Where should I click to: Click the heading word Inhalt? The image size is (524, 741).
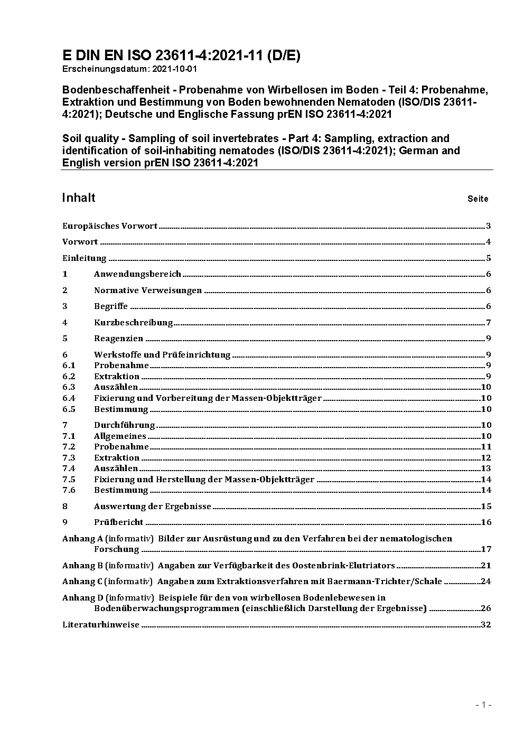[79, 198]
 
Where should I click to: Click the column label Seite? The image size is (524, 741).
[478, 199]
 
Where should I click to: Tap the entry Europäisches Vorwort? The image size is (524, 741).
[110, 226]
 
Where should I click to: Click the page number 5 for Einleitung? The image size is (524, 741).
[489, 258]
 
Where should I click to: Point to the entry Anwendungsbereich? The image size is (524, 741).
[137, 274]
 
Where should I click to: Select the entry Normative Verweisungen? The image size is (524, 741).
[148, 290]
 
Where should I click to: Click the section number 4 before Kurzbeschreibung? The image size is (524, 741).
[65, 323]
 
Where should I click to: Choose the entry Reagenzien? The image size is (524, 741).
[118, 339]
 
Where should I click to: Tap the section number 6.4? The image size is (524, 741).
[69, 398]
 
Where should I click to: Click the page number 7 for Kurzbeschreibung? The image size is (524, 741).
[489, 323]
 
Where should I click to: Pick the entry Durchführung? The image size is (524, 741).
[124, 425]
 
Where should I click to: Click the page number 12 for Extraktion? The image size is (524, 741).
[486, 458]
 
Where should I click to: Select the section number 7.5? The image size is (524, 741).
[69, 480]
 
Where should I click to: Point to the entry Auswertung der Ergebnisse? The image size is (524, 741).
[152, 506]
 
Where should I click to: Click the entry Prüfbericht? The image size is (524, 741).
[118, 522]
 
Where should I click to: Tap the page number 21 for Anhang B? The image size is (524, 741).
[486, 566]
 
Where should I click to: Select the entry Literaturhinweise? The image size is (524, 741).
[101, 625]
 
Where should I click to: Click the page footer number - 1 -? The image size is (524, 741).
[483, 705]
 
